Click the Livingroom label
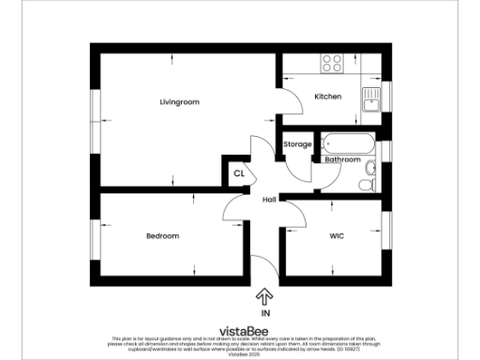click(x=179, y=101)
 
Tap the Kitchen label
click(x=327, y=97)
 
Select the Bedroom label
click(x=162, y=235)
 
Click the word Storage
click(x=297, y=144)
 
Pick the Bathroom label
click(x=342, y=159)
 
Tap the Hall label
click(x=269, y=200)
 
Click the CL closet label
click(x=239, y=173)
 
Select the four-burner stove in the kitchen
click(x=333, y=64)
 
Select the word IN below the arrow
click(x=264, y=314)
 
